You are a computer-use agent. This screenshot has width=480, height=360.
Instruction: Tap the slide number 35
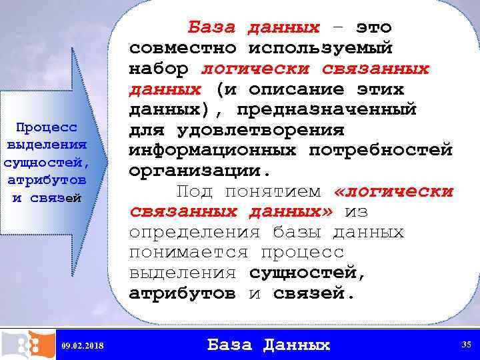pos(466,344)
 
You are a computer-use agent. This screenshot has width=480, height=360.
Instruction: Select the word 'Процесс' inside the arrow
pos(46,127)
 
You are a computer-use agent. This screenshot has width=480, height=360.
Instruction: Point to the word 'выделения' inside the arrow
pos(46,144)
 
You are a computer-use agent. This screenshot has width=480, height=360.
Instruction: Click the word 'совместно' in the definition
pos(182,48)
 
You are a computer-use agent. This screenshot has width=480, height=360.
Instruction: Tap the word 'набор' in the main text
pos(159,69)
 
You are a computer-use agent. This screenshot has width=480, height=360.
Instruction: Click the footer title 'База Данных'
pos(269,345)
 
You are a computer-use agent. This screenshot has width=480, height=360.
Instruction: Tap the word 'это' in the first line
pos(373,28)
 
